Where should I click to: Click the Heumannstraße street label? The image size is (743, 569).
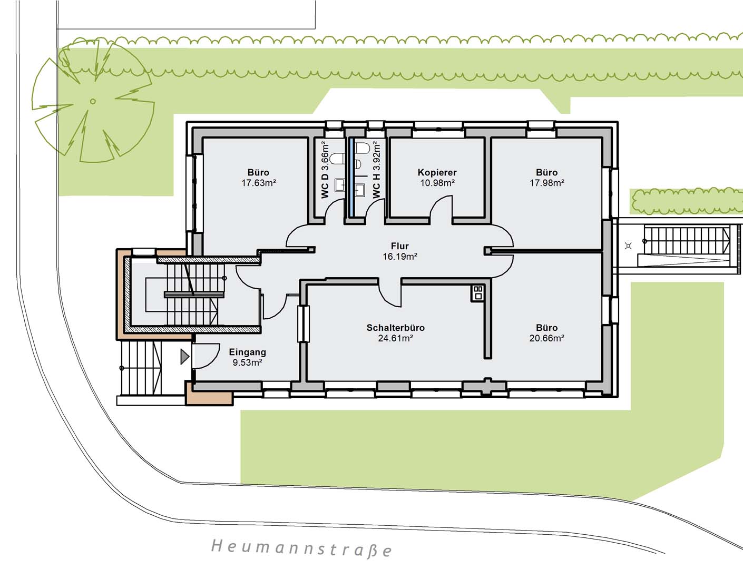point(301,548)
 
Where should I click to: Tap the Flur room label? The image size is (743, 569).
point(400,246)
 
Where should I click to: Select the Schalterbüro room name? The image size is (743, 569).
point(396,328)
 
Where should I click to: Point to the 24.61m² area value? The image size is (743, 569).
point(396,338)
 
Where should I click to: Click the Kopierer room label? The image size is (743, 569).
point(437,173)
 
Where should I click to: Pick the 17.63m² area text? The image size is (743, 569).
point(259,183)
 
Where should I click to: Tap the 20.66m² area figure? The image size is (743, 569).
point(547,338)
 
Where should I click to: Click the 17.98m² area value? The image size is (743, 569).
point(547,183)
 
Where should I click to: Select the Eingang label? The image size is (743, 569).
point(247,352)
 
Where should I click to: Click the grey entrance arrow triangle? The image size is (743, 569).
point(184,357)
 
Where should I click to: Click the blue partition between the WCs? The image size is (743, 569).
point(350,177)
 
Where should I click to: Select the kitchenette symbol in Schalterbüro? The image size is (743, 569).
point(478,293)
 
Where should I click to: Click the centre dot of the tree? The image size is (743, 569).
point(93,101)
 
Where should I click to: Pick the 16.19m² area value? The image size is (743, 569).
point(400,257)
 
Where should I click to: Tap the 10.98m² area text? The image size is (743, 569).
point(437,183)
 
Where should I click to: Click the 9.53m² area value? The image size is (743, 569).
point(247,362)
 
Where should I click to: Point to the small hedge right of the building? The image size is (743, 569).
point(687,201)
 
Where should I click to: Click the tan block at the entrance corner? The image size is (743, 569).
point(209,393)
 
